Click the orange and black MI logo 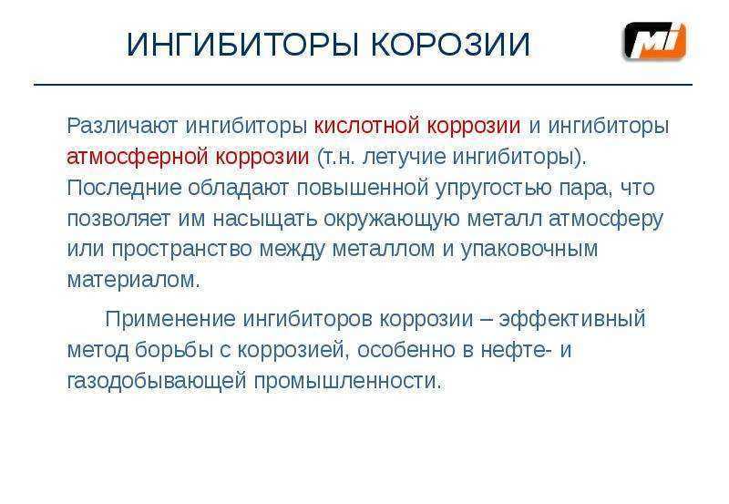tap(654, 41)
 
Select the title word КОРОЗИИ tap(450, 45)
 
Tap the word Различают tap(122, 126)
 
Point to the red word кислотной tap(366, 126)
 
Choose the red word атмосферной tap(138, 157)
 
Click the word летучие tap(404, 157)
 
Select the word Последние tap(124, 188)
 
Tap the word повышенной tap(363, 188)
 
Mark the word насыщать tap(265, 219)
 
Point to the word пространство tap(181, 250)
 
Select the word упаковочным tap(529, 250)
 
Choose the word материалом tap(133, 280)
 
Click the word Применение tap(170, 319)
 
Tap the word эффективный tap(572, 319)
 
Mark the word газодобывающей tap(157, 381)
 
